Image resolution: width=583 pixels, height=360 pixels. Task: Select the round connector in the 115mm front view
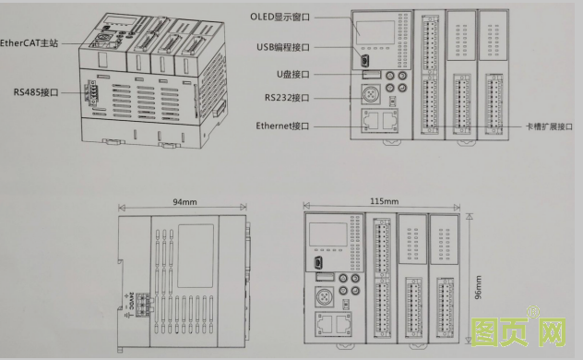point(325,297)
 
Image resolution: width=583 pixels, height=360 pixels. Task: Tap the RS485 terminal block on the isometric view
point(92,92)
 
